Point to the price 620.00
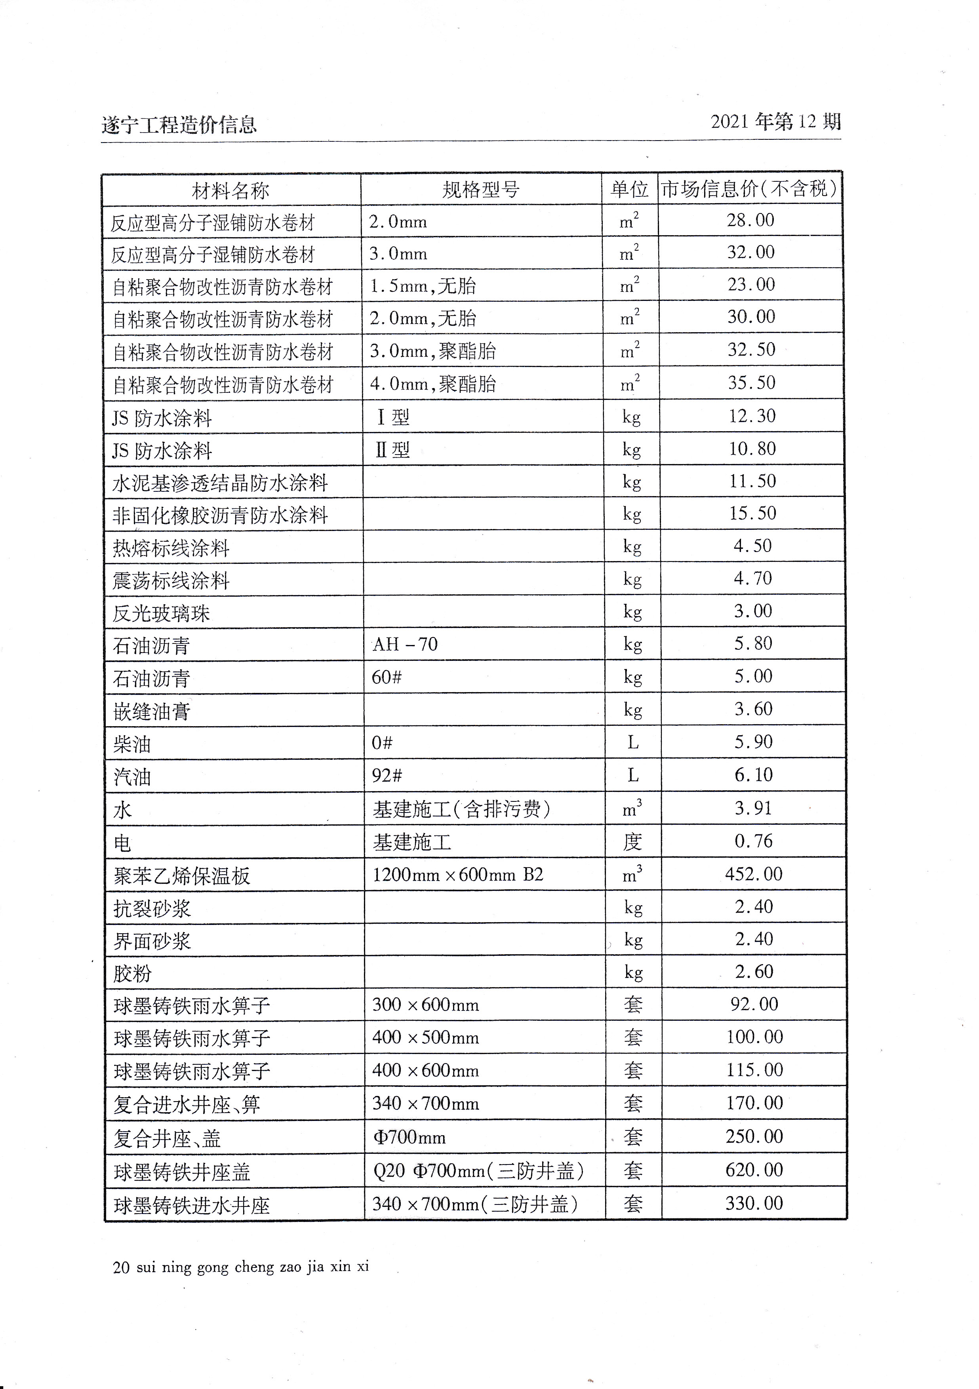(754, 1170)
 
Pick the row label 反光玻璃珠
(161, 613)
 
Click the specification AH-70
(405, 644)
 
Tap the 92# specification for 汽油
(387, 775)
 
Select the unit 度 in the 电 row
(632, 841)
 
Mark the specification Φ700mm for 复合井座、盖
(410, 1137)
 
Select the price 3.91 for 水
(753, 808)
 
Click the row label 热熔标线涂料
(171, 548)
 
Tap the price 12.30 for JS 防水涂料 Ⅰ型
(752, 416)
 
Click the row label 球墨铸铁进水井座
(191, 1204)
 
